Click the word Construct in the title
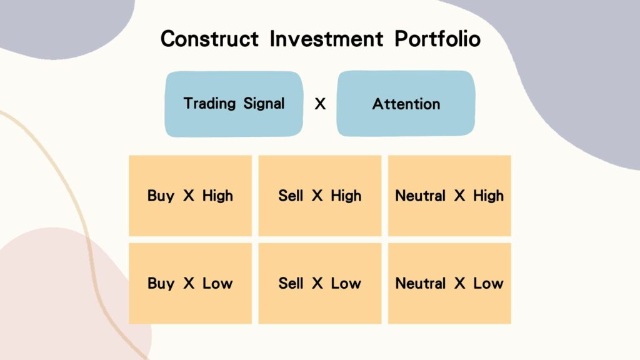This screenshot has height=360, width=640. click(x=209, y=39)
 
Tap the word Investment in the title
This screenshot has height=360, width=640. click(x=327, y=39)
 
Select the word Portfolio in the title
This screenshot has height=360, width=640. click(x=437, y=39)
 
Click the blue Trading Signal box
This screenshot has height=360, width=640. click(x=234, y=104)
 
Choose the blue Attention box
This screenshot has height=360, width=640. click(x=406, y=104)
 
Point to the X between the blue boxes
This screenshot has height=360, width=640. click(x=320, y=104)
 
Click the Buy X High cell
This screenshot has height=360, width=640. click(x=190, y=196)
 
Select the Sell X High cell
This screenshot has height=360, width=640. click(x=320, y=196)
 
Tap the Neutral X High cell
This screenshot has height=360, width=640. click(x=449, y=196)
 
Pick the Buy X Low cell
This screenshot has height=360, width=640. click(x=190, y=283)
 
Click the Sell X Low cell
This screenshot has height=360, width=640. click(x=320, y=283)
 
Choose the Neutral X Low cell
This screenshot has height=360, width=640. click(x=449, y=283)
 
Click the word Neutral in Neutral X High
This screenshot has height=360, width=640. click(x=421, y=196)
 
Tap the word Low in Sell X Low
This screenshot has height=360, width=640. click(x=346, y=283)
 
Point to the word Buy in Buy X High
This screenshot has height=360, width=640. click(x=161, y=196)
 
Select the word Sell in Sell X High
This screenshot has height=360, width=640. click(x=291, y=196)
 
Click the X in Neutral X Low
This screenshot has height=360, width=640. click(x=460, y=283)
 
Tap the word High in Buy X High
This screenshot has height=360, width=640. click(x=217, y=196)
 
